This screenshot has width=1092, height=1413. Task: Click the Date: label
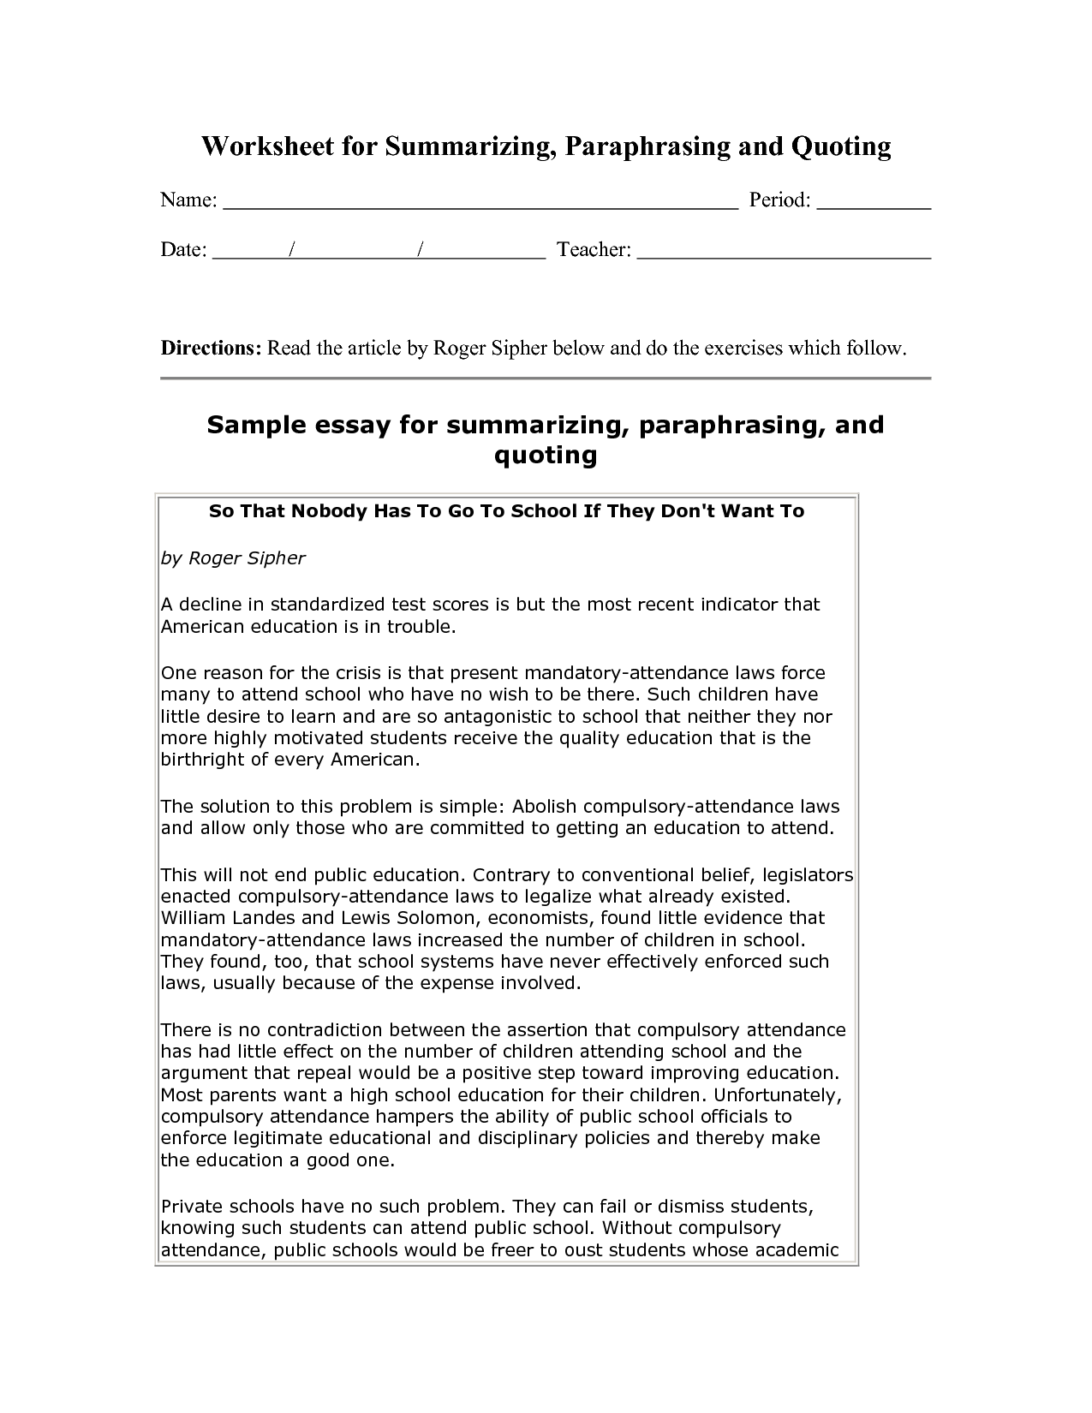pos(183,250)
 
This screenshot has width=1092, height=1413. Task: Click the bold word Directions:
pos(211,349)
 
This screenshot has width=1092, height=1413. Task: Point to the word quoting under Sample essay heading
pos(546,455)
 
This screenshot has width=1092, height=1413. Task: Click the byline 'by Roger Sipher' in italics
pos(233,558)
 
